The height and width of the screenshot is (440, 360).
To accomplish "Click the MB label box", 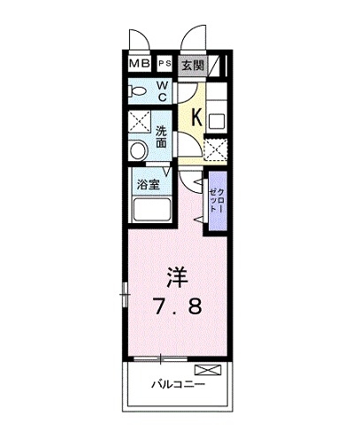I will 139,64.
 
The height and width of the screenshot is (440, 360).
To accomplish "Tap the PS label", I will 165,64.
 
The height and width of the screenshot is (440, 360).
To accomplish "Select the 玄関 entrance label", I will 192,64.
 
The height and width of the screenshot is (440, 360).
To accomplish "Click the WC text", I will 164,89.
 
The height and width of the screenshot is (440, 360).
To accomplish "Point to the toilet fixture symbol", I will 139,90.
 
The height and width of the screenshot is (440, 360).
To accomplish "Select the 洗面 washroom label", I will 163,135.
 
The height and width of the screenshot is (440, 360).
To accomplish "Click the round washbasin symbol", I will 138,151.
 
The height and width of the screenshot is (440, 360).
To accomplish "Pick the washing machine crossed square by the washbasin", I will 139,123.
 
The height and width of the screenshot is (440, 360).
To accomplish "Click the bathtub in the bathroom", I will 153,212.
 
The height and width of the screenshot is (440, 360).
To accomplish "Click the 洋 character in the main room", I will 177,275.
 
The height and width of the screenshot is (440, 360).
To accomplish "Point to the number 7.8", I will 177,307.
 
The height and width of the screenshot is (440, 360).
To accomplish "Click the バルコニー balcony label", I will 178,385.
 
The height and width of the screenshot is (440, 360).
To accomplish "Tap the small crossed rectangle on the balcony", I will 206,368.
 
